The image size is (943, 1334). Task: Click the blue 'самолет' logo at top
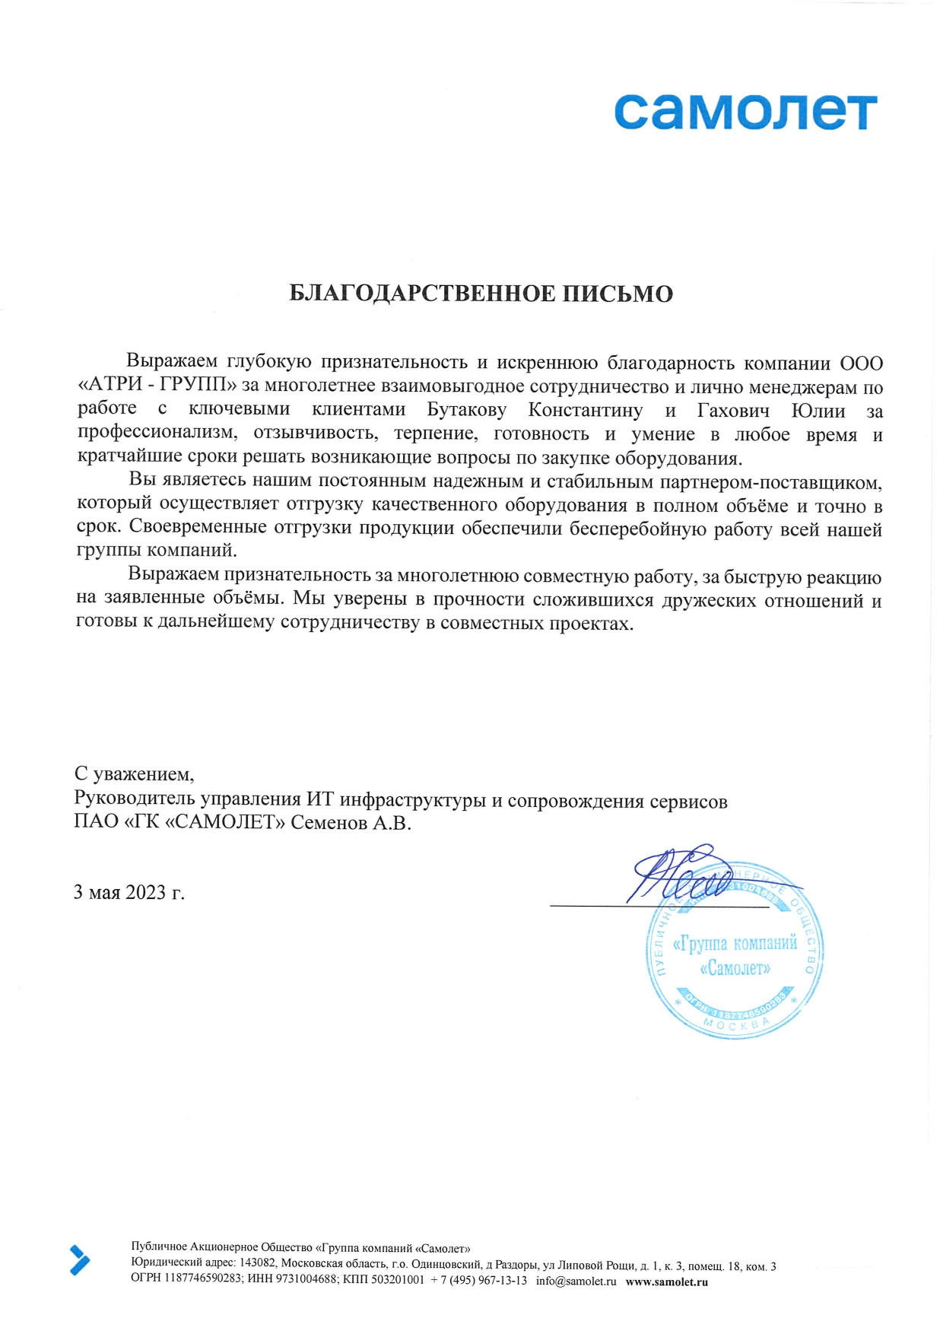pyautogui.click(x=745, y=113)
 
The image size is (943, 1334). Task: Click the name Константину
pyautogui.click(x=585, y=411)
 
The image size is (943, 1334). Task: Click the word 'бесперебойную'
pyautogui.click(x=638, y=529)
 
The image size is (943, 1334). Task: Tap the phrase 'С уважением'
pyautogui.click(x=134, y=774)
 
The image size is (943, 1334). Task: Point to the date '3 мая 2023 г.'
pyautogui.click(x=129, y=892)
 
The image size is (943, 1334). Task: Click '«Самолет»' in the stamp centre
pyautogui.click(x=735, y=968)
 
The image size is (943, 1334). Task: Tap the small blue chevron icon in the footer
pyautogui.click(x=79, y=1260)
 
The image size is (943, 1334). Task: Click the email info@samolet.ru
pyautogui.click(x=576, y=1281)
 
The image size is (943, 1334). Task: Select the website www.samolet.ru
pyautogui.click(x=666, y=1281)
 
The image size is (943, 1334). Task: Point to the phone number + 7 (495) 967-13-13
pyautogui.click(x=478, y=1281)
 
